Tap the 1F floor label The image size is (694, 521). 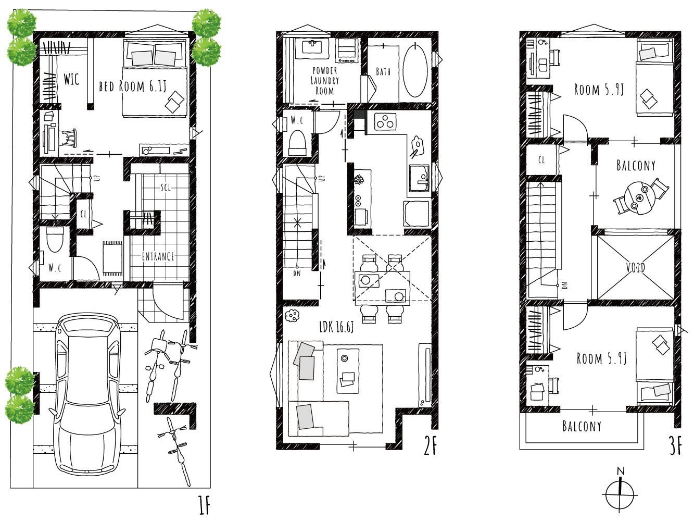click(204, 505)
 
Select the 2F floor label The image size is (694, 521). click(431, 445)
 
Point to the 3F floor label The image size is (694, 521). click(675, 445)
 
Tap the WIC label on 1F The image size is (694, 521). click(71, 79)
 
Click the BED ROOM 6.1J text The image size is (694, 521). click(132, 86)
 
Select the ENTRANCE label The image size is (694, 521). click(158, 256)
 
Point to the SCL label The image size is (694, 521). click(166, 188)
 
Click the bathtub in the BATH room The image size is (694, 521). click(415, 70)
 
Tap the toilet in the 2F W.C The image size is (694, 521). click(297, 143)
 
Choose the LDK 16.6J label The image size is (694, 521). click(336, 327)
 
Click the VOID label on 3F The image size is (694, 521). click(636, 268)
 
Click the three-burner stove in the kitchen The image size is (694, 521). click(385, 121)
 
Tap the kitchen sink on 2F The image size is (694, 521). click(419, 178)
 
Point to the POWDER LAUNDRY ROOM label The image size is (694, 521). click(325, 81)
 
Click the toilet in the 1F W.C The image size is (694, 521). click(55, 239)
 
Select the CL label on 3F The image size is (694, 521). click(541, 160)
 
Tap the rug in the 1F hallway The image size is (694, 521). click(112, 258)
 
